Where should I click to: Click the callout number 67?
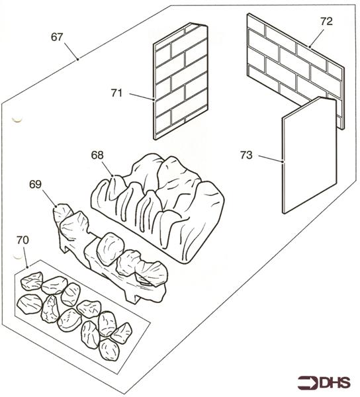(x=57, y=37)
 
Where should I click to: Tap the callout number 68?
(x=97, y=155)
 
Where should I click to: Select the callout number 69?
(x=35, y=185)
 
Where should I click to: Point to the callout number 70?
(x=22, y=240)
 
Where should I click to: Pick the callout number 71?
(x=116, y=93)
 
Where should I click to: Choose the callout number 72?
(x=326, y=22)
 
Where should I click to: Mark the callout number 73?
(x=246, y=155)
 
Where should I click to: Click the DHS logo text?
(x=335, y=382)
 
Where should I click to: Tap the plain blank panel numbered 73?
(x=309, y=155)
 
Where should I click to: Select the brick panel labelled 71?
(x=180, y=81)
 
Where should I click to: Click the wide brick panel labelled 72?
(x=295, y=68)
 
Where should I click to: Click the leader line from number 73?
(x=271, y=158)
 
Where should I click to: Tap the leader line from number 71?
(x=142, y=97)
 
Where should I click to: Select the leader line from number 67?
(x=71, y=51)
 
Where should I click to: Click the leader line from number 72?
(x=316, y=38)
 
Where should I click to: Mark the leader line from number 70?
(x=26, y=257)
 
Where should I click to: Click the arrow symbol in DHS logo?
(x=308, y=382)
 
